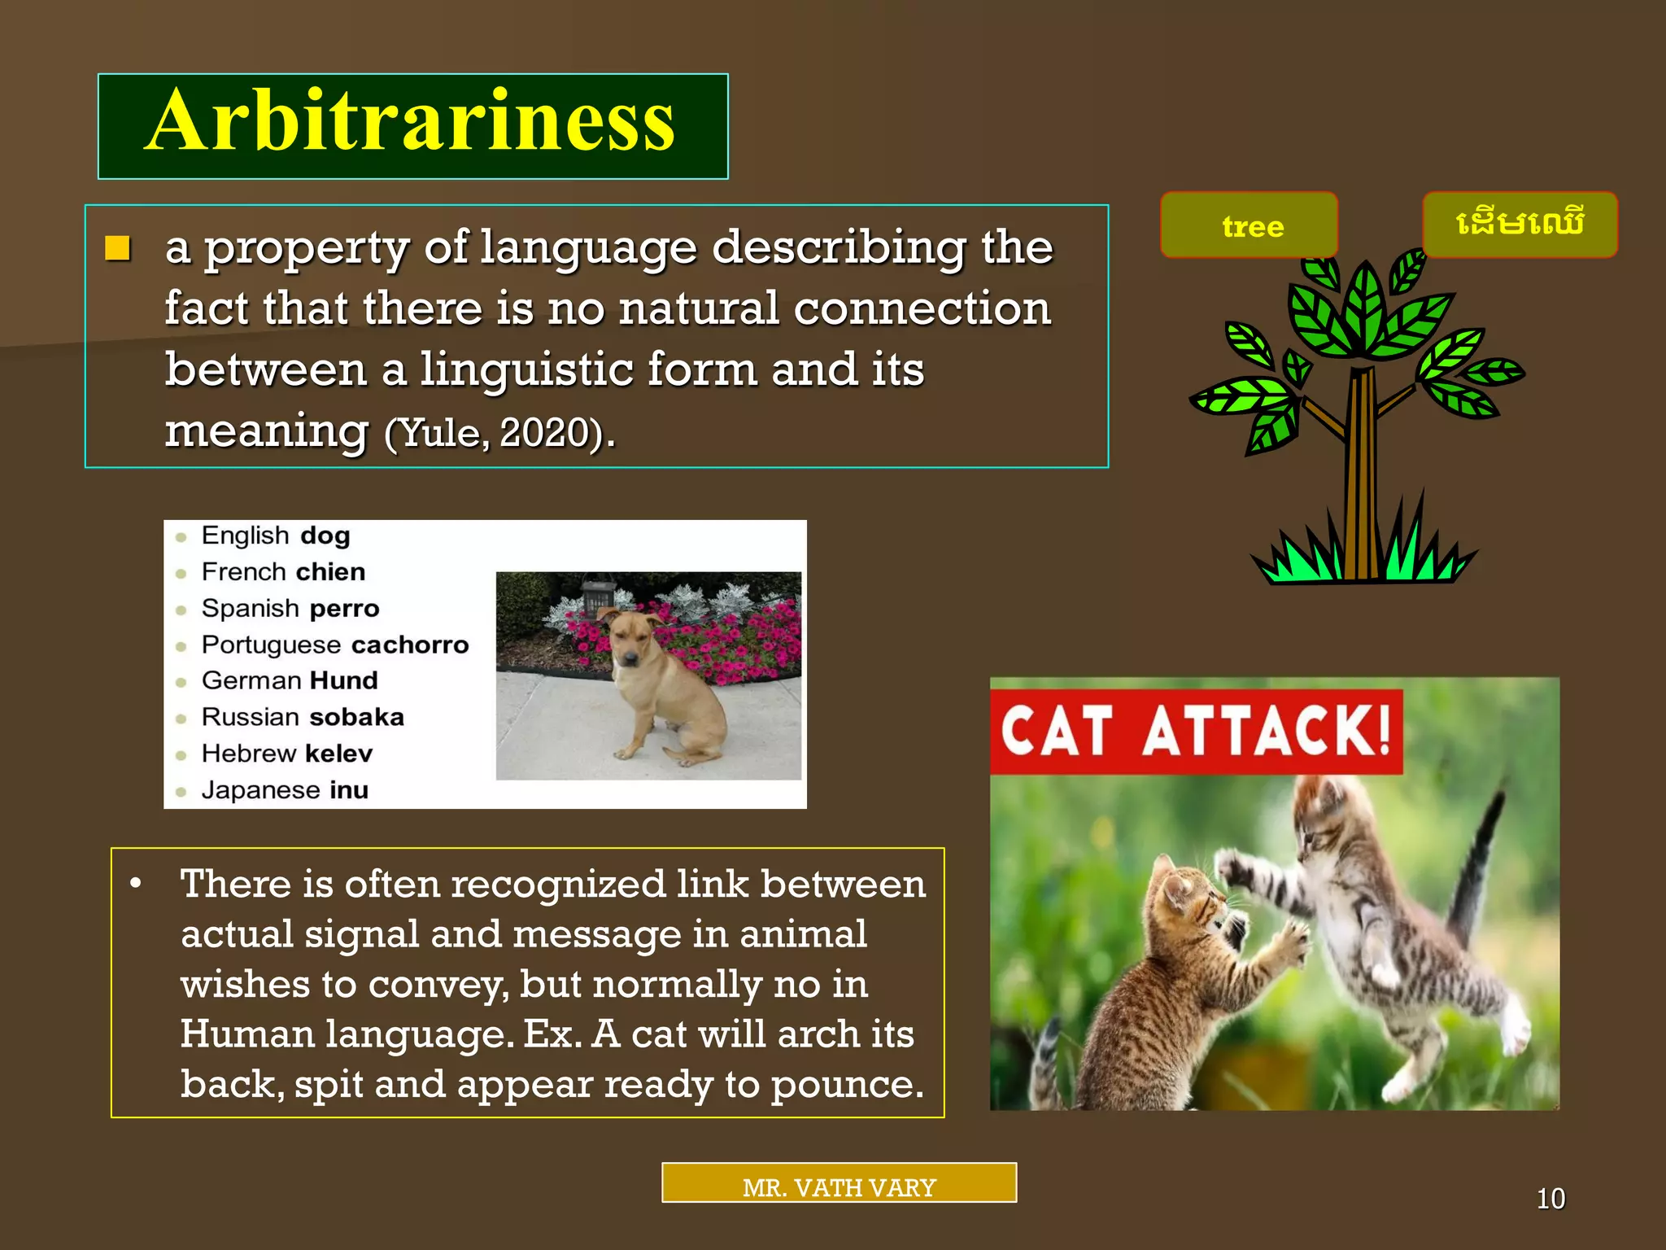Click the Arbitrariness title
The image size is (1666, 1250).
pos(412,122)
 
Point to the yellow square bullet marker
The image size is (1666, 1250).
pos(118,247)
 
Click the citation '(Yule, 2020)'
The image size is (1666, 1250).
pos(497,433)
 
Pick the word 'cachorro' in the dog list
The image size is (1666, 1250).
pos(410,645)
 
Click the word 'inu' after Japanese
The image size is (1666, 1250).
pos(349,790)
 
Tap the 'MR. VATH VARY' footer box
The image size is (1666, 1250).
pos(839,1183)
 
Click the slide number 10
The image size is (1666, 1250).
pos(1550,1199)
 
